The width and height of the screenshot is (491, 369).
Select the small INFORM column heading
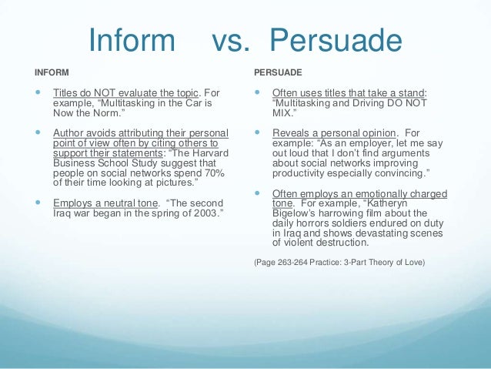tap(51, 72)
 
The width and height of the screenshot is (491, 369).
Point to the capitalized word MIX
tap(284, 112)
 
